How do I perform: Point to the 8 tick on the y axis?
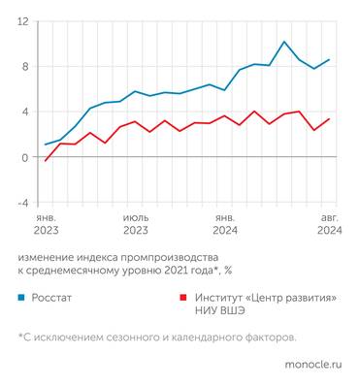click(24, 66)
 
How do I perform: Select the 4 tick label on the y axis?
click(24, 112)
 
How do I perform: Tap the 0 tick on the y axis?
click(24, 157)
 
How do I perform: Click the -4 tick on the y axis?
click(22, 203)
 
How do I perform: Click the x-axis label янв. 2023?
click(46, 225)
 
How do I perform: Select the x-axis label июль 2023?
click(135, 225)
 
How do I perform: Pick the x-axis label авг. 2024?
click(329, 225)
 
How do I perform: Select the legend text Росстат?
click(55, 300)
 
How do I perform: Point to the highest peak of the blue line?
click(283, 42)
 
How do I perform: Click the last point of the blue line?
click(329, 60)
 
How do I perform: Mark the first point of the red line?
click(46, 161)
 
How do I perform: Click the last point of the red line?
click(329, 119)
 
